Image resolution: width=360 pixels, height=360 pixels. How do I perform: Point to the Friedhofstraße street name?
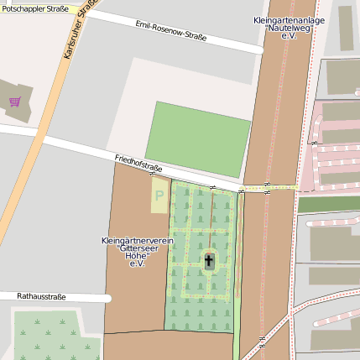pos(138,163)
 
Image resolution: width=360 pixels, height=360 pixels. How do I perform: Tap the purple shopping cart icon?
pos(14,102)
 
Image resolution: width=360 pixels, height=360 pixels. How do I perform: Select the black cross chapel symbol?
pos(209,261)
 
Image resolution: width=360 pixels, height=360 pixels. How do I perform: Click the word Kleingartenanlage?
pos(289,18)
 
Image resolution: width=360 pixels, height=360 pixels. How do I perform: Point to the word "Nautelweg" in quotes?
pos(289,28)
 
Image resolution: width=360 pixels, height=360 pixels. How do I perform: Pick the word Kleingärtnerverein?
pos(137,241)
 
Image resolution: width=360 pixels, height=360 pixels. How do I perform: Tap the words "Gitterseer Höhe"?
pos(137,252)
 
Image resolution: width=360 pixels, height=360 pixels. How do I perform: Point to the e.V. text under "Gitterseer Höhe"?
pos(136,263)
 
